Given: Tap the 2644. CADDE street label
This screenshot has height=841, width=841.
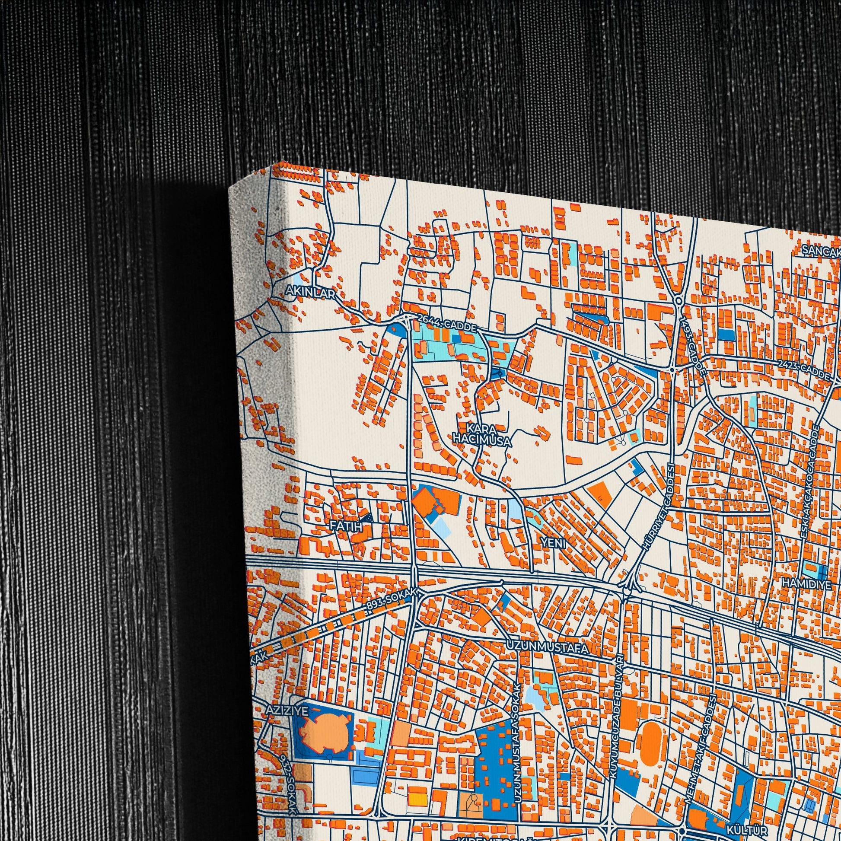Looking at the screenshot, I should (447, 323).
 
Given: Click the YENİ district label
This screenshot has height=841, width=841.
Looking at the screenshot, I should (553, 543).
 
